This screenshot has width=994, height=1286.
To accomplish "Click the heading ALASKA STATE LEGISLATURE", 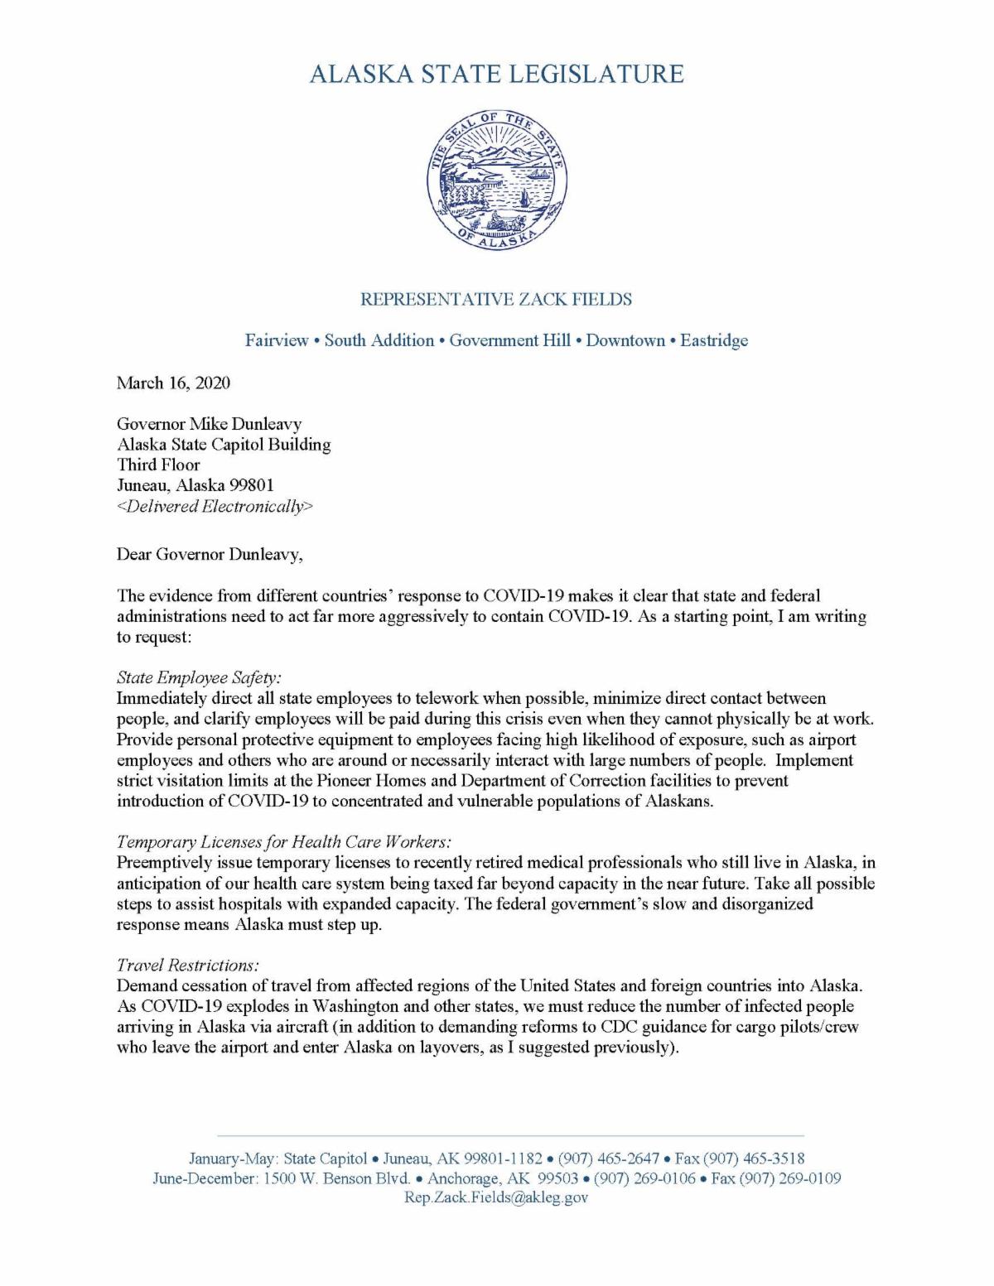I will (x=497, y=74).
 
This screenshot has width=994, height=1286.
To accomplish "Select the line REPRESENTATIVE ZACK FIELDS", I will (x=496, y=299).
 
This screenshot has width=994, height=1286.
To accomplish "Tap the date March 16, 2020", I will (x=173, y=383).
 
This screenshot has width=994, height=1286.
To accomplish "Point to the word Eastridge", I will (x=714, y=340).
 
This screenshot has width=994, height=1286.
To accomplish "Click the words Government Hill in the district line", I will (x=509, y=340).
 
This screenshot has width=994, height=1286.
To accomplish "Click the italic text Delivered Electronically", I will (x=215, y=506).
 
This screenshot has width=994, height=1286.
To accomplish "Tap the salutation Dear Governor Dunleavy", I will (x=210, y=554).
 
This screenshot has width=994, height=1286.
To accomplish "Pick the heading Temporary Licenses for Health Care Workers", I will (x=284, y=842).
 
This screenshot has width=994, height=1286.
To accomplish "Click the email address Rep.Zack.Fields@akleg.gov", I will (x=495, y=1198).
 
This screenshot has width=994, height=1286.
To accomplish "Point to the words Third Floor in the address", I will (x=158, y=465).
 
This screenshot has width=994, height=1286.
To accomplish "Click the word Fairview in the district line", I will (x=277, y=340).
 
